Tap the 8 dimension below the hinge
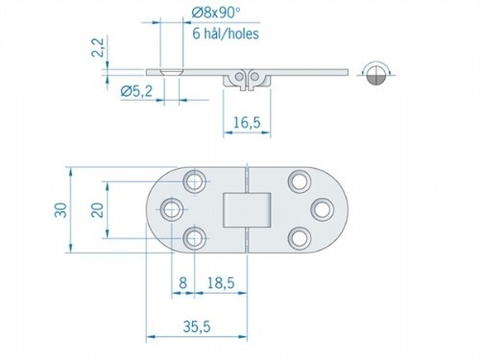[182, 285]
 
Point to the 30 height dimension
[60, 209]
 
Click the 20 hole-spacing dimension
[97, 209]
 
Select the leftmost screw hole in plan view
[173, 207]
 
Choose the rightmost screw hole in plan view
[320, 207]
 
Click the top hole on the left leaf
[197, 180]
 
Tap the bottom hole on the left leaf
[196, 237]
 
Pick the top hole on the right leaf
[297, 180]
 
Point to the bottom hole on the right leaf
[297, 237]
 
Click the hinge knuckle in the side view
[244, 79]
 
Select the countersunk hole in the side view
[170, 72]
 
